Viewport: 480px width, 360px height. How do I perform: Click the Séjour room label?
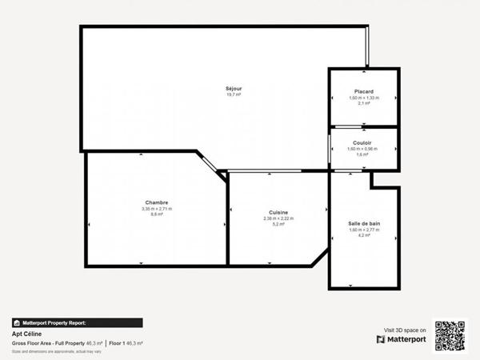click(x=234, y=88)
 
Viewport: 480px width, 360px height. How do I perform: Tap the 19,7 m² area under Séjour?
click(x=234, y=94)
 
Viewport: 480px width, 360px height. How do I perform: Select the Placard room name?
click(x=364, y=92)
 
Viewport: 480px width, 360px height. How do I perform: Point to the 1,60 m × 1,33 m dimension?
click(x=364, y=98)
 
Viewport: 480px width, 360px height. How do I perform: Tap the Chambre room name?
click(x=157, y=202)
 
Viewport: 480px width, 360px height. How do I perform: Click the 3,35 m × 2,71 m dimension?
click(x=157, y=209)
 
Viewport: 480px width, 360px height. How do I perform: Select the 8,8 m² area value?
click(x=157, y=214)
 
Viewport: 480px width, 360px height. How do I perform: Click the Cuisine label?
click(x=279, y=213)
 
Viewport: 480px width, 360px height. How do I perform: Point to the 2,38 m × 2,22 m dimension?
click(x=279, y=219)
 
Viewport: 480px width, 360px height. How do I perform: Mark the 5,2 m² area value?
click(x=279, y=225)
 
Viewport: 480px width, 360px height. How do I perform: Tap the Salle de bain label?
click(x=364, y=223)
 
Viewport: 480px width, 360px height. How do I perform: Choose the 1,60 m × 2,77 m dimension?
click(x=364, y=230)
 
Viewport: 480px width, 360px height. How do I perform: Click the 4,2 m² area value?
click(x=364, y=235)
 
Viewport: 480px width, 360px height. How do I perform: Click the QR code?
click(x=450, y=335)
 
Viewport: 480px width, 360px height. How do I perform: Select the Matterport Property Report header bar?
click(x=77, y=323)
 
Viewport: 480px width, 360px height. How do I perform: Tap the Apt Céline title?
click(x=26, y=334)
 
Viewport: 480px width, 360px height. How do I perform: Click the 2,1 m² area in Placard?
click(x=364, y=104)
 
